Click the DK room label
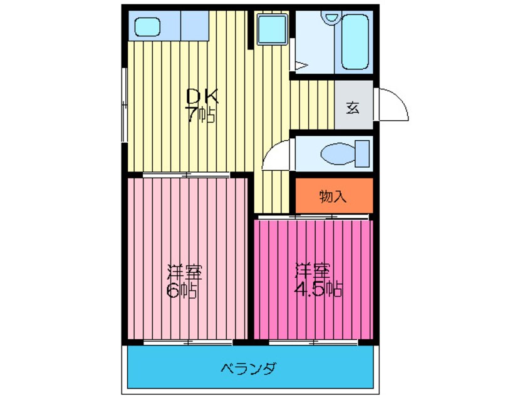[202, 96]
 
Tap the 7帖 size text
[200, 115]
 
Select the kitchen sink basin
[147, 27]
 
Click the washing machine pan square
[273, 29]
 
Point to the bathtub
[355, 42]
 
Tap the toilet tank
[362, 154]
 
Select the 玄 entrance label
[353, 108]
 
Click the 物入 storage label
[333, 196]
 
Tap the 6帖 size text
[182, 290]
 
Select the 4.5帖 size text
[318, 288]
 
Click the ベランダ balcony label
[249, 368]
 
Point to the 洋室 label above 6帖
[185, 272]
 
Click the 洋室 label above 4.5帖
[313, 271]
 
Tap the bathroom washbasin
[331, 17]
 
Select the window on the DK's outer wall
[125, 105]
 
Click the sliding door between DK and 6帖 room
[186, 175]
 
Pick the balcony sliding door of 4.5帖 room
[313, 342]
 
